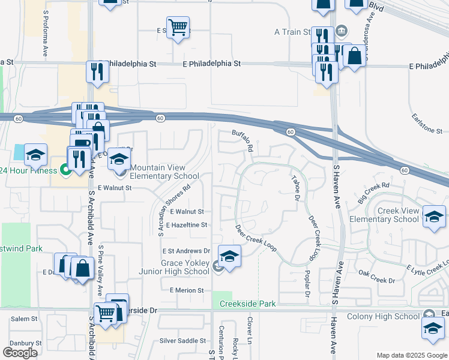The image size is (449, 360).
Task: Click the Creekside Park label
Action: click(247, 304)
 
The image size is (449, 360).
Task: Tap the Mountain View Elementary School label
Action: click(164, 172)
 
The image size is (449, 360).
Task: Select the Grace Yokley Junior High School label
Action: click(185, 267)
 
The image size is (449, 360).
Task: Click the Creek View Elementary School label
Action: click(398, 215)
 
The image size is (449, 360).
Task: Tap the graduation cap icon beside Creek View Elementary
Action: click(434, 217)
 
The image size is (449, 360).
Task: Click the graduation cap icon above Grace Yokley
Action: click(229, 256)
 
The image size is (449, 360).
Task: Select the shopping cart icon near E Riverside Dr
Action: click(106, 312)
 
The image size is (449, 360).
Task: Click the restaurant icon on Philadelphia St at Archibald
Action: click(97, 71)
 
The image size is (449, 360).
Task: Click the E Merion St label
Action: click(187, 290)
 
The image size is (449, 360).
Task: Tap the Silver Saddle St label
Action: click(183, 341)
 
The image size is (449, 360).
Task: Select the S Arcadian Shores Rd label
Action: click(174, 205)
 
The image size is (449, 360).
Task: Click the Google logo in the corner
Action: click(20, 353)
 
